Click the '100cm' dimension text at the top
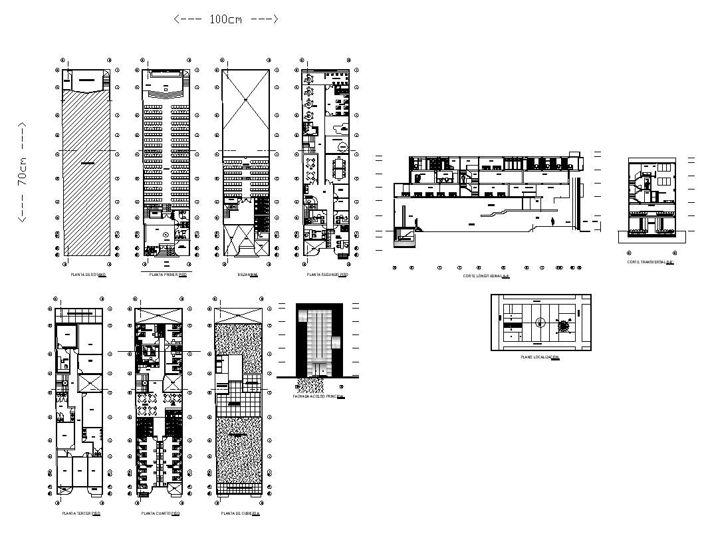(x=225, y=19)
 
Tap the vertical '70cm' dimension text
(x=23, y=172)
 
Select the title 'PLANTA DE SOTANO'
(x=88, y=275)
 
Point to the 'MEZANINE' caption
(x=247, y=275)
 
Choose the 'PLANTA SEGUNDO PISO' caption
(x=327, y=275)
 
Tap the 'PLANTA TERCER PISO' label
(x=81, y=514)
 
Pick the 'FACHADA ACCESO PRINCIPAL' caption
(x=319, y=396)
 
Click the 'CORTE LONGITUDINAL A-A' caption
(x=486, y=275)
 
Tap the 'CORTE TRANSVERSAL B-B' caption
(x=650, y=262)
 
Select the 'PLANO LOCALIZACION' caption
(x=540, y=358)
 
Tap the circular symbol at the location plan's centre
(x=540, y=323)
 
